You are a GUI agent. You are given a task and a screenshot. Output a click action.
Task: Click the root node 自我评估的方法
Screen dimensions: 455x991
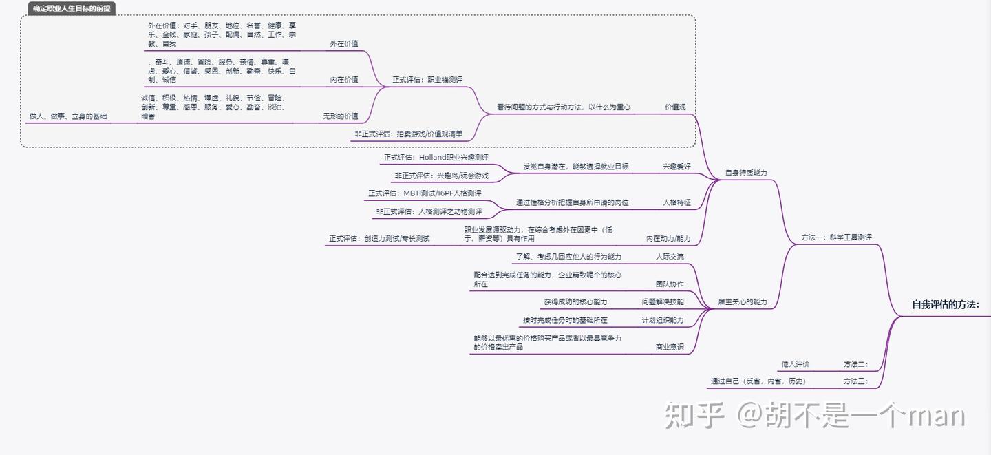point(945,304)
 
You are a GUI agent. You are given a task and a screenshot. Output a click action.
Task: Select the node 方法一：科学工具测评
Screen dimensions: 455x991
point(836,237)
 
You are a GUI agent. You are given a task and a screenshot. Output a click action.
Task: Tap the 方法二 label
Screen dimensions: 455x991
point(855,364)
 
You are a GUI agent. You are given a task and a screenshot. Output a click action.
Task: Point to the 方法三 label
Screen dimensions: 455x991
point(855,381)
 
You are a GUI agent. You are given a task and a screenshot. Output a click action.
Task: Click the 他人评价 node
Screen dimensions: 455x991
point(795,364)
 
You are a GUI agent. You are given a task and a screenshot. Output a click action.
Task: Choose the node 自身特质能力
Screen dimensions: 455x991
point(746,173)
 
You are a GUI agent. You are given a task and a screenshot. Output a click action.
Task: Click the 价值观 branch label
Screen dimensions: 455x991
point(675,107)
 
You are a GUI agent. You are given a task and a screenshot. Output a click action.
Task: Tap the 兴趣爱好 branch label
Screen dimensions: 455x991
point(676,167)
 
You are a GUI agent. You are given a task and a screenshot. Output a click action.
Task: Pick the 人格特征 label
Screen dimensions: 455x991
point(676,203)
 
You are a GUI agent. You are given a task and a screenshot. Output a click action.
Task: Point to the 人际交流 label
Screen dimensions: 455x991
point(670,257)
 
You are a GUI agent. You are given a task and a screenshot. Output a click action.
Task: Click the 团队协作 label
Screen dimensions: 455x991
point(670,284)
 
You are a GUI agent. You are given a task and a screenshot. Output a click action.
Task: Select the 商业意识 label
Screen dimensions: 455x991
point(670,347)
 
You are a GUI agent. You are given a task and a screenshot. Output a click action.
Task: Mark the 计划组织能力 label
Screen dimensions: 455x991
point(663,320)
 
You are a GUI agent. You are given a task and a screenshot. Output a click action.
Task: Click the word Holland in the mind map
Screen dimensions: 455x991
point(432,158)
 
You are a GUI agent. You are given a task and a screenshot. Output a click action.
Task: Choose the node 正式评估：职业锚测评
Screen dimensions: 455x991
point(427,80)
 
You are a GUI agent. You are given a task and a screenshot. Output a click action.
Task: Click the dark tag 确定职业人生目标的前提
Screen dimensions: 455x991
point(72,8)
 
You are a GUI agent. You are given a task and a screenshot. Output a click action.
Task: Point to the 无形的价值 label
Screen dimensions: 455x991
point(341,116)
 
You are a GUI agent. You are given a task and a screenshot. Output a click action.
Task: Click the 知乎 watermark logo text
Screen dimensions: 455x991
point(694,415)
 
